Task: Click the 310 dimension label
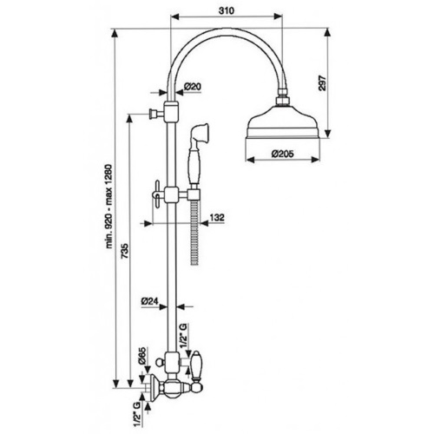pos(226,10)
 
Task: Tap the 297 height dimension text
pos(323,83)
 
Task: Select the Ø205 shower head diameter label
pos(282,154)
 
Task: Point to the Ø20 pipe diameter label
pos(193,86)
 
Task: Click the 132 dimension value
pos(217,217)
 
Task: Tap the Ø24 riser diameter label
pos(150,301)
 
